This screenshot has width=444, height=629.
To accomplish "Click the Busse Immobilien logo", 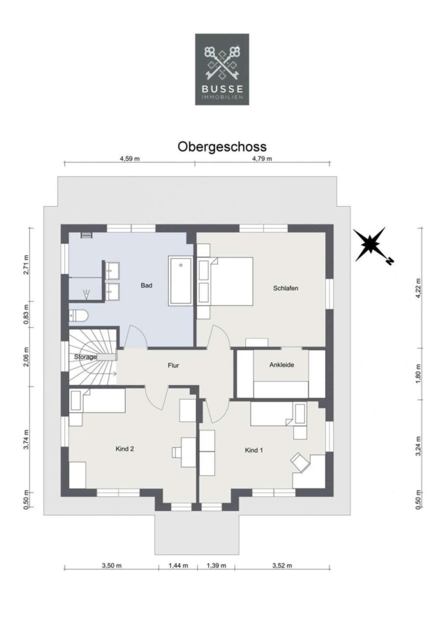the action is (x=222, y=69).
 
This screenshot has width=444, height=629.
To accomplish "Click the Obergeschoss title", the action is (x=222, y=147).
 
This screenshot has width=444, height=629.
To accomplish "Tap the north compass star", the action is (x=372, y=244).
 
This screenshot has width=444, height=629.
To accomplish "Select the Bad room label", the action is (x=147, y=286).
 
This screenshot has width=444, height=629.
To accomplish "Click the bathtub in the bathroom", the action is (x=181, y=281).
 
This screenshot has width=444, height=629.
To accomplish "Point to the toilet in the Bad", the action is (x=77, y=316).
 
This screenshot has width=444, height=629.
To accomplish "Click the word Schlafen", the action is (x=286, y=288).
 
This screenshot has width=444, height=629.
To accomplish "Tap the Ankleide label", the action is (x=282, y=365).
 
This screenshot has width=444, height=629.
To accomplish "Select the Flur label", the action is (x=173, y=366).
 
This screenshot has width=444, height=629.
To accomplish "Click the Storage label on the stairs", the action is (x=85, y=356).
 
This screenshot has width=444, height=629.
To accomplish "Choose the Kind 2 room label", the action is (x=125, y=449).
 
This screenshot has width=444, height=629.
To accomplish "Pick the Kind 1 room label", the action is (x=253, y=450).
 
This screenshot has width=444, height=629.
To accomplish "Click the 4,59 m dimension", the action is (x=129, y=159).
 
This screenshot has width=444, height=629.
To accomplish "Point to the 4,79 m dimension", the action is (x=262, y=159).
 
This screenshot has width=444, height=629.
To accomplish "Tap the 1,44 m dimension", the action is (x=178, y=565).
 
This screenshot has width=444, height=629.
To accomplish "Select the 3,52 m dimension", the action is (x=282, y=565).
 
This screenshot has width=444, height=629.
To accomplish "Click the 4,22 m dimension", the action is (x=418, y=288).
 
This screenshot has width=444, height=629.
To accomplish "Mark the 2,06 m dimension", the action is (x=27, y=356).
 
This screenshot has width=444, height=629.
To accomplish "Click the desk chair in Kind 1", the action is (x=301, y=461).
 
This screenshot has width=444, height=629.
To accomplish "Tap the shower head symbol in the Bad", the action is (x=86, y=294).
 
